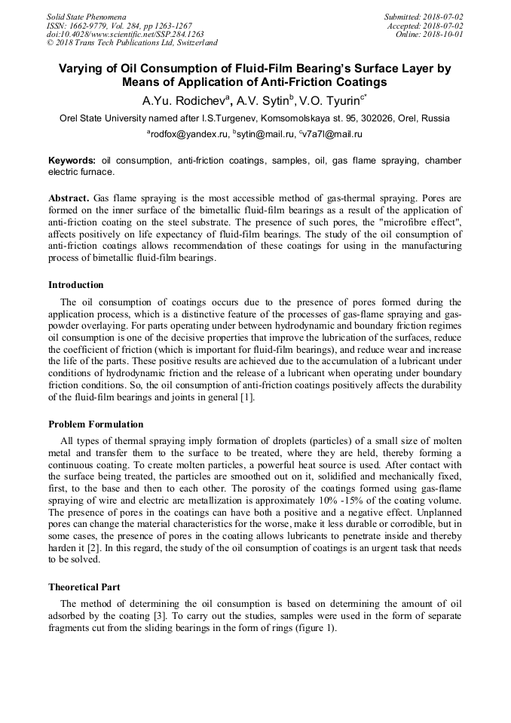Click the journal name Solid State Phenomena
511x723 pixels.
pyautogui.click(x=86, y=17)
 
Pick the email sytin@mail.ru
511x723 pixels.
pyautogui.click(x=264, y=134)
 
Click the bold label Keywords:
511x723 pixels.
pyautogui.click(x=72, y=161)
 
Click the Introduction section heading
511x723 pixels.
pyautogui.click(x=76, y=285)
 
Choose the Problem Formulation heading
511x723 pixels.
pyautogui.click(x=96, y=424)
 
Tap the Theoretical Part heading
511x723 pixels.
pyautogui.click(x=84, y=587)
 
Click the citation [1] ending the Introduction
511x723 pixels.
pyautogui.click(x=246, y=398)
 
